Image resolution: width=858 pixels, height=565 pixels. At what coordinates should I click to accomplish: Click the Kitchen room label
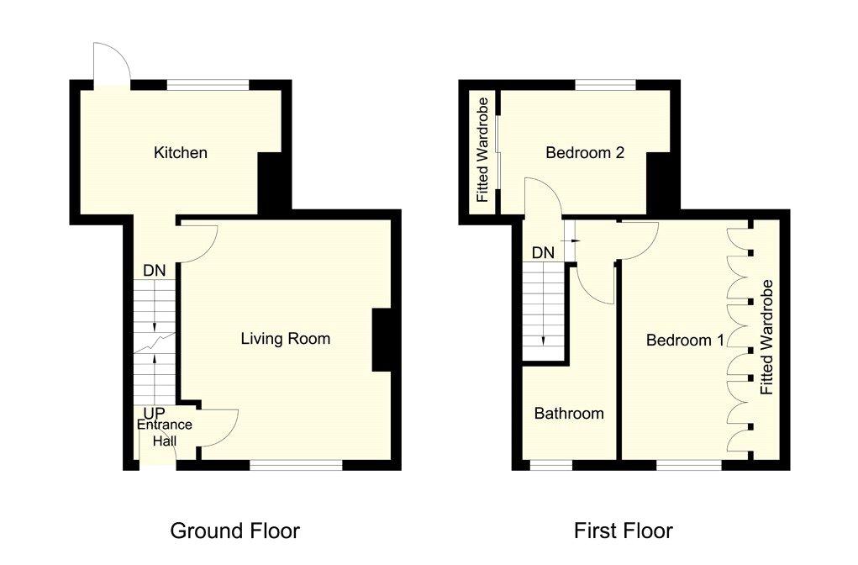pyautogui.click(x=180, y=152)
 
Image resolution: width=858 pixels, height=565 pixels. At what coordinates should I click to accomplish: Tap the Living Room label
pyautogui.click(x=285, y=339)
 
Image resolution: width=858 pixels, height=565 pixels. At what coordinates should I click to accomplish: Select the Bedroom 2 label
pyautogui.click(x=584, y=152)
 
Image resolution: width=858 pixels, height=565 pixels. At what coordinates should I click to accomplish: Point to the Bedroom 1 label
pyautogui.click(x=685, y=341)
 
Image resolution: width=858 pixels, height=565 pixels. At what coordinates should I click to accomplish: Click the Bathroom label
pyautogui.click(x=569, y=414)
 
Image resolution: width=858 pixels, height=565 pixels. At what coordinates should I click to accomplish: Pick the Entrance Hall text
pyautogui.click(x=164, y=432)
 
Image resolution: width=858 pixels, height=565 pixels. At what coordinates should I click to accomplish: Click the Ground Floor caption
pyautogui.click(x=234, y=531)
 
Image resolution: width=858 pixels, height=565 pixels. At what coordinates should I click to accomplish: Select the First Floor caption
pyautogui.click(x=623, y=531)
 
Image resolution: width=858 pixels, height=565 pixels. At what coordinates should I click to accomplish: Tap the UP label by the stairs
pyautogui.click(x=155, y=414)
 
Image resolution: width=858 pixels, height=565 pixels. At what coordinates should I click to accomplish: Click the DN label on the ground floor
pyautogui.click(x=155, y=271)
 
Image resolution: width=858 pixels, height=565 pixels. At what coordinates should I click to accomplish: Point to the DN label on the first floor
pyautogui.click(x=543, y=253)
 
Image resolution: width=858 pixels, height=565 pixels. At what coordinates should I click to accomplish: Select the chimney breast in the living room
pyautogui.click(x=382, y=341)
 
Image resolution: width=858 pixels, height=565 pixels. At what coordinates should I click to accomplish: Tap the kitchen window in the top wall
pyautogui.click(x=208, y=85)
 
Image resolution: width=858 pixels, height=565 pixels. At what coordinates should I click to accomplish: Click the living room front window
pyautogui.click(x=296, y=465)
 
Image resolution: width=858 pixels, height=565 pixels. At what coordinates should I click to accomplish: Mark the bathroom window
pyautogui.click(x=551, y=465)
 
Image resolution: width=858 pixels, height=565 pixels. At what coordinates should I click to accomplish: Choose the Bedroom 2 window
pyautogui.click(x=605, y=85)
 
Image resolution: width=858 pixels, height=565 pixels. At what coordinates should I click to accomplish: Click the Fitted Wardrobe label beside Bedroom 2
pyautogui.click(x=482, y=150)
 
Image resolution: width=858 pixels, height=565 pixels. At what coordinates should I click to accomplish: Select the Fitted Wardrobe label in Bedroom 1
pyautogui.click(x=767, y=337)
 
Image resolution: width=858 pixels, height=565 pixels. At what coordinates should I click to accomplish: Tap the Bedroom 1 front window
pyautogui.click(x=689, y=465)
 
